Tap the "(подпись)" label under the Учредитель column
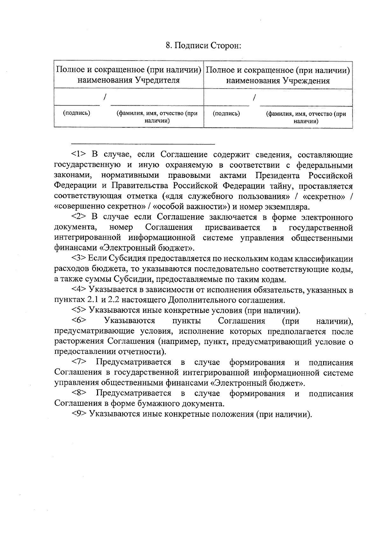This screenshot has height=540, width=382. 76,113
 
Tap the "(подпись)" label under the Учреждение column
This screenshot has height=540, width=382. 226,114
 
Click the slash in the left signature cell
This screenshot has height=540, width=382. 105,96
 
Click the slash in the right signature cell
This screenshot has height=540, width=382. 254,98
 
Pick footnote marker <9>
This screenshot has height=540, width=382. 79,414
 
